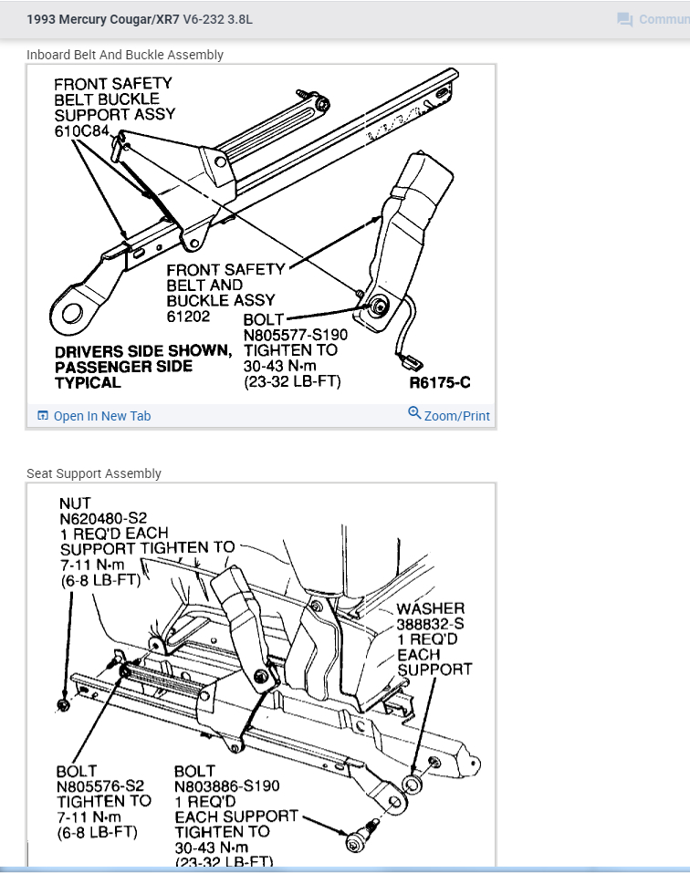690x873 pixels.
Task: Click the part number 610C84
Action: tap(82, 131)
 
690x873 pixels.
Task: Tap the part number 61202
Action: tap(188, 317)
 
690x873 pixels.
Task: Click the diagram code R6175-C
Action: tap(440, 383)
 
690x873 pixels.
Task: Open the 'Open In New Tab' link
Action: tap(101, 416)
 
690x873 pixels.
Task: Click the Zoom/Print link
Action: tap(456, 416)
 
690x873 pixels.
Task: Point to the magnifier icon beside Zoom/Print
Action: tap(414, 414)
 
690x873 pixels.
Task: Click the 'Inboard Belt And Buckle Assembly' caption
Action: tap(125, 55)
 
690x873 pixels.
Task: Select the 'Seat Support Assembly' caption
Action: tap(94, 473)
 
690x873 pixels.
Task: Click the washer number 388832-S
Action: tap(430, 624)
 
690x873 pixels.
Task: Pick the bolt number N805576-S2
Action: tap(99, 785)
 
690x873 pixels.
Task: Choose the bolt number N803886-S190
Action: tap(226, 785)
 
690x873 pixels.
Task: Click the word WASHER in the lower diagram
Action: tap(430, 608)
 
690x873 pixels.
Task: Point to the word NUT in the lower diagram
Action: tap(75, 504)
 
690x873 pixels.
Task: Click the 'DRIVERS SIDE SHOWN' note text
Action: tap(143, 351)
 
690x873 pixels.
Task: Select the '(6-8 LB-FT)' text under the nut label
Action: tap(99, 579)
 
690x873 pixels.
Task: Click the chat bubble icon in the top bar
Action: tap(625, 19)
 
